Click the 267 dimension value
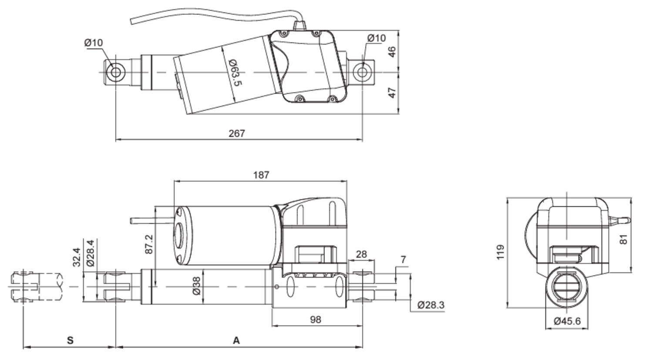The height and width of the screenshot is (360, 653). tap(237, 134)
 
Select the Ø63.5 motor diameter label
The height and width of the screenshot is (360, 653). tap(236, 72)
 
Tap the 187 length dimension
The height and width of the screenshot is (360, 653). tap(261, 175)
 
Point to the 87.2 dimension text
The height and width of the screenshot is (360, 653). tap(149, 244)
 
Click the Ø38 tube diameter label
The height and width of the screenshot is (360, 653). tap(197, 286)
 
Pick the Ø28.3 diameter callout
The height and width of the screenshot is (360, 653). tap(431, 305)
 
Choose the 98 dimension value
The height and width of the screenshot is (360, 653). tap(316, 320)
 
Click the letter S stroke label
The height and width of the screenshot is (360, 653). tap(70, 340)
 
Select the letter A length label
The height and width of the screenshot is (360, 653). tap(236, 340)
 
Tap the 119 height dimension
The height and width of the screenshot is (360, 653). tap(500, 252)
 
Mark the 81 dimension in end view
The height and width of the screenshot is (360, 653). tap(624, 239)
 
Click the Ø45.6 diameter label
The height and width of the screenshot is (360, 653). tap(567, 321)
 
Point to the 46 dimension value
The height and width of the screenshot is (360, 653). tap(392, 52)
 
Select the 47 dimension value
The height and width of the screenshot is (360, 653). tap(392, 93)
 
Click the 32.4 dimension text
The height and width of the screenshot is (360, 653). tap(76, 257)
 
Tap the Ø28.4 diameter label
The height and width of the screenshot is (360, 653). tap(90, 253)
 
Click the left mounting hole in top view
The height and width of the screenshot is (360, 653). tap(115, 72)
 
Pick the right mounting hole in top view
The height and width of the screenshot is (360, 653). tap(362, 72)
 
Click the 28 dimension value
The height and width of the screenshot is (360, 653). tap(361, 254)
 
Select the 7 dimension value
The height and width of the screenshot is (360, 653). tap(403, 259)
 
